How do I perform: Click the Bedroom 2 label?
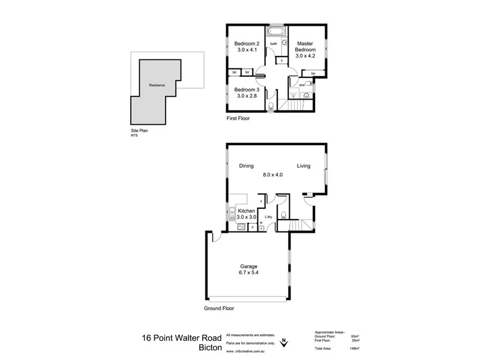(x=246, y=44)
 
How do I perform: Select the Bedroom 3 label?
(x=246, y=90)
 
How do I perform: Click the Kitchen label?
(x=247, y=212)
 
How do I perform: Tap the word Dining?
(x=246, y=166)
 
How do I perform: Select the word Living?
(x=303, y=166)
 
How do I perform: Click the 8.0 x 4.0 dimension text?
(x=272, y=175)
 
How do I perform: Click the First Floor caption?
(x=238, y=119)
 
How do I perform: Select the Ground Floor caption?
(x=218, y=308)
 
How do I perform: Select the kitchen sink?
(x=232, y=212)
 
